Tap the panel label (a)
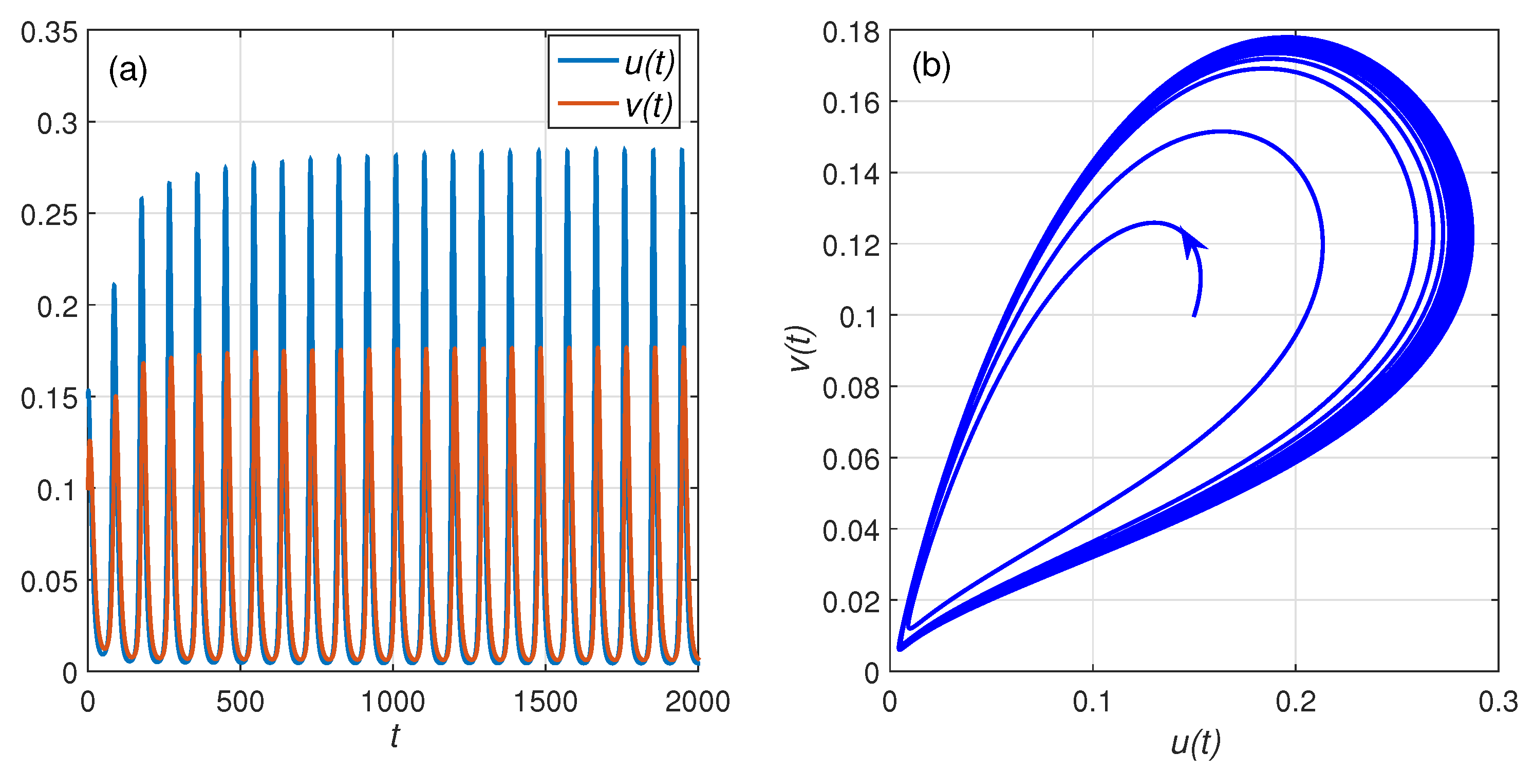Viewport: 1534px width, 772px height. tap(127, 71)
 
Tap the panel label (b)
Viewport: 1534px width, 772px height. tap(931, 66)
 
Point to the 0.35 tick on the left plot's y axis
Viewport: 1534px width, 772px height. tap(49, 32)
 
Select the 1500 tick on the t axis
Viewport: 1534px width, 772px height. tap(545, 702)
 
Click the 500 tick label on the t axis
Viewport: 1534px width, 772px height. tap(240, 702)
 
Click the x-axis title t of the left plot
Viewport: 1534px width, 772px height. tap(394, 736)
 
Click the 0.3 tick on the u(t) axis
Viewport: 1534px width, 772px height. tap(1498, 702)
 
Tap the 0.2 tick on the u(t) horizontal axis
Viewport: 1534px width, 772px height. tap(1295, 702)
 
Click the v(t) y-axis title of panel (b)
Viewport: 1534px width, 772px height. tap(801, 349)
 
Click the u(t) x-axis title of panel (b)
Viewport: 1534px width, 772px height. tap(1195, 742)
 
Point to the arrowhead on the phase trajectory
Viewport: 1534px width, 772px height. tap(1190, 241)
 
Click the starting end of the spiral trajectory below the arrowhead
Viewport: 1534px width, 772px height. tap(1194, 315)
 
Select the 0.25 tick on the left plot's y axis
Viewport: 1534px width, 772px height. tap(49, 215)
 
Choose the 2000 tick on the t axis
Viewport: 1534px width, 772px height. tap(697, 702)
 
